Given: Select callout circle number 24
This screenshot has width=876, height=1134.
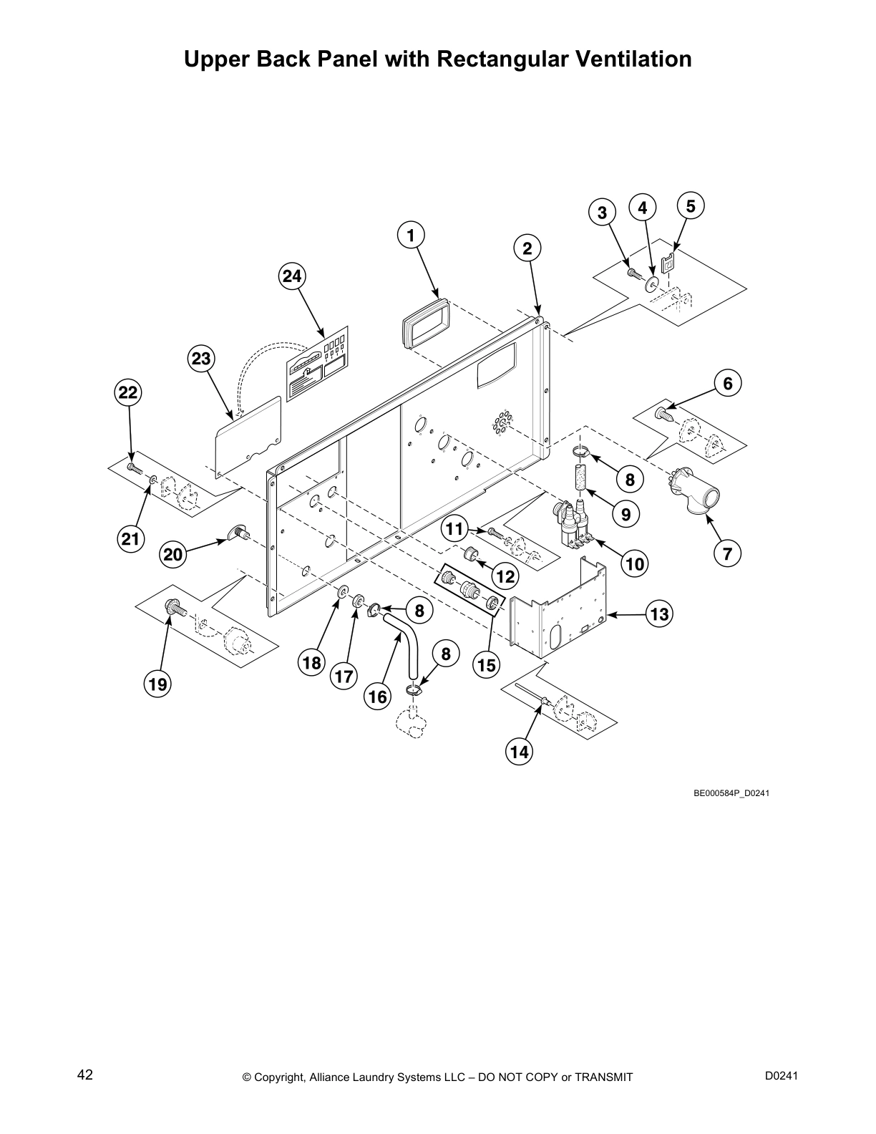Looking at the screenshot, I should (x=292, y=276).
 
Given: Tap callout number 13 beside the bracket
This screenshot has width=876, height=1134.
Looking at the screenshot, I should (x=659, y=614).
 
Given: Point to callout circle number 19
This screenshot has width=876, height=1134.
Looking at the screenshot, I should (x=157, y=684).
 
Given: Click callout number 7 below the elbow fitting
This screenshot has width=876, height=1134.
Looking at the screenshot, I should (x=727, y=553).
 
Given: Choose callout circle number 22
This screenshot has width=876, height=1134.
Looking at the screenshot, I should (x=128, y=392).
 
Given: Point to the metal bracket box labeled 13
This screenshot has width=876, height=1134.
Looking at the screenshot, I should (x=558, y=609).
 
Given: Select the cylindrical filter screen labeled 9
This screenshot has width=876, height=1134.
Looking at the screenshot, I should (x=580, y=478).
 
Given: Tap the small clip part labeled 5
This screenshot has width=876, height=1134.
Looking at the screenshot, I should (x=668, y=263).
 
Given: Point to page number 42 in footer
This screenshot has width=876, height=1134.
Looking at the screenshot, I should (x=85, y=1075).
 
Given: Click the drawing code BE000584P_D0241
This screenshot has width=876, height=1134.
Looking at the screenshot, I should (x=731, y=793).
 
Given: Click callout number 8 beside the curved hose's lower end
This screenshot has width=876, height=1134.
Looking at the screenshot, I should (x=446, y=654).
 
